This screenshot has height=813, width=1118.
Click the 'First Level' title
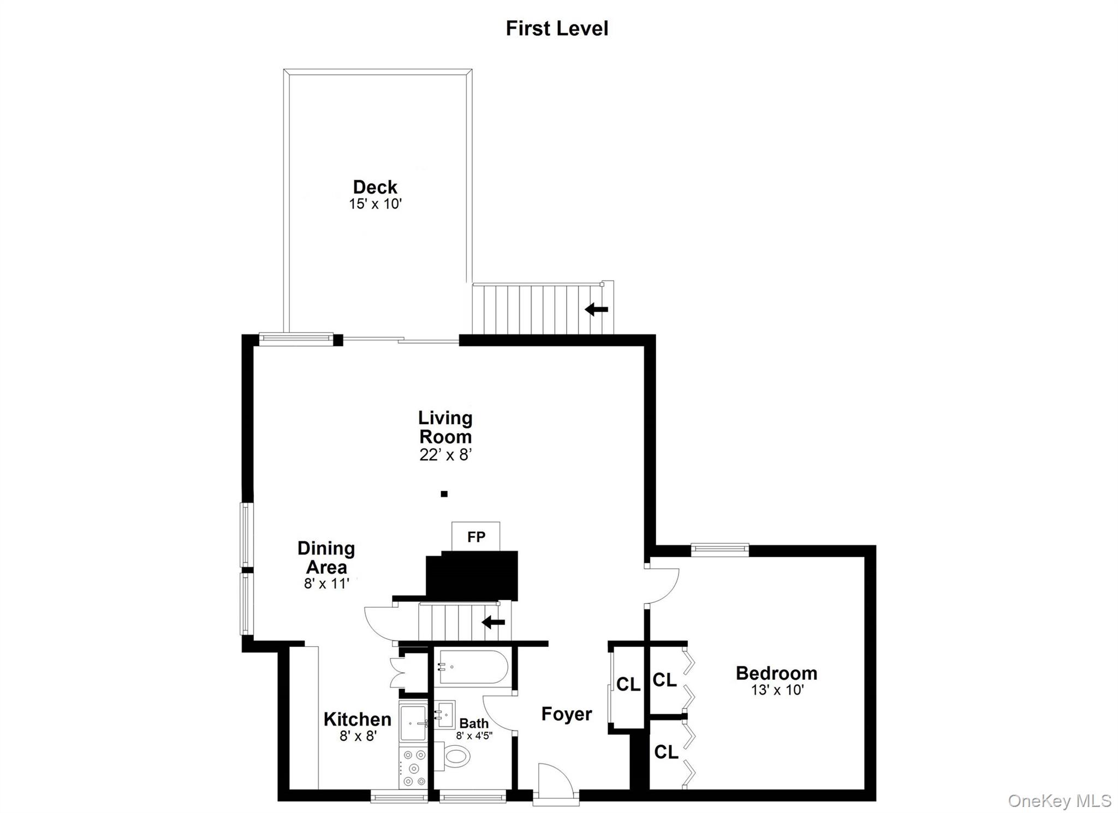(x=557, y=28)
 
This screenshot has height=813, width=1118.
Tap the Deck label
(x=375, y=187)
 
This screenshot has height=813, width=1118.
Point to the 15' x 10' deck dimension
(x=375, y=204)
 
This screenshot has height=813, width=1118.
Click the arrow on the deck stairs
(x=596, y=310)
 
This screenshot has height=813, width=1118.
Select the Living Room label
(x=445, y=428)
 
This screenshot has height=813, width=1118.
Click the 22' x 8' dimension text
(x=445, y=455)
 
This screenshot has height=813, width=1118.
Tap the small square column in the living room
(x=444, y=494)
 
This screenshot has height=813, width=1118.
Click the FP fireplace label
(x=476, y=537)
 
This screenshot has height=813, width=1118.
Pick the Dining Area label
(x=326, y=557)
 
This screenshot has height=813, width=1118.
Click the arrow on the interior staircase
(x=493, y=622)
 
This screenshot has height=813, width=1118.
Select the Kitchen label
(x=357, y=719)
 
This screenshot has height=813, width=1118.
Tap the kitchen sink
(x=413, y=722)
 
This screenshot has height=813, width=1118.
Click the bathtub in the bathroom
(x=473, y=667)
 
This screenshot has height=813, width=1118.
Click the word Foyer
(x=566, y=714)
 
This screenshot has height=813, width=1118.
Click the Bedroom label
(x=776, y=673)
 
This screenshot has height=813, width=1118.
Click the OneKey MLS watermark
(x=1059, y=800)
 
